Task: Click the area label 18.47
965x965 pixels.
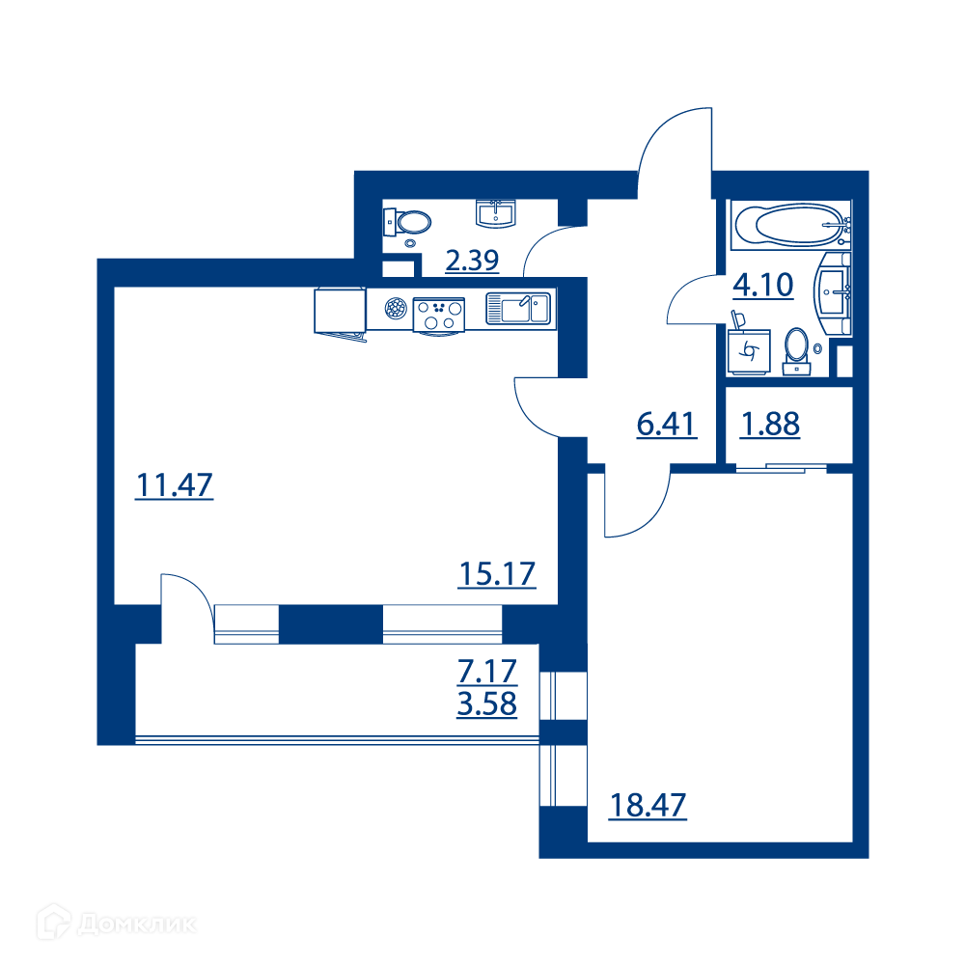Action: coord(648,805)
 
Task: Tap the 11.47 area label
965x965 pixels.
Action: coord(174,485)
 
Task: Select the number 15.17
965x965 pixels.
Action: coord(497,574)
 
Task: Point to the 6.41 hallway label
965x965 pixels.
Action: coord(667,424)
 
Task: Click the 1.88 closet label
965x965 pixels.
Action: coord(770,424)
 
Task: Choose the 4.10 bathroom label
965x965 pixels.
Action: coord(763,285)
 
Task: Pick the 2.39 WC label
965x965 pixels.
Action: coord(472,261)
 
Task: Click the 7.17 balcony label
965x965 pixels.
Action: coord(486,671)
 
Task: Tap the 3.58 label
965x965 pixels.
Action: coord(486,703)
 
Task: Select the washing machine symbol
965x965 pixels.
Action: coord(749,352)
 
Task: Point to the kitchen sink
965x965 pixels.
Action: coord(518,308)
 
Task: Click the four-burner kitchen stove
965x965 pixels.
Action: coord(438,315)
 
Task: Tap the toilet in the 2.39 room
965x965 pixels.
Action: coord(407,222)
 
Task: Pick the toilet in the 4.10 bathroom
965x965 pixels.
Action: coord(797,351)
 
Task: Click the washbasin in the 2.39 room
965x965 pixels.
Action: coord(495,213)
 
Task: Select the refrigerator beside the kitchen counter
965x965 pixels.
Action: coord(340,312)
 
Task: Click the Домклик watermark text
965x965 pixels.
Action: coord(138,924)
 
